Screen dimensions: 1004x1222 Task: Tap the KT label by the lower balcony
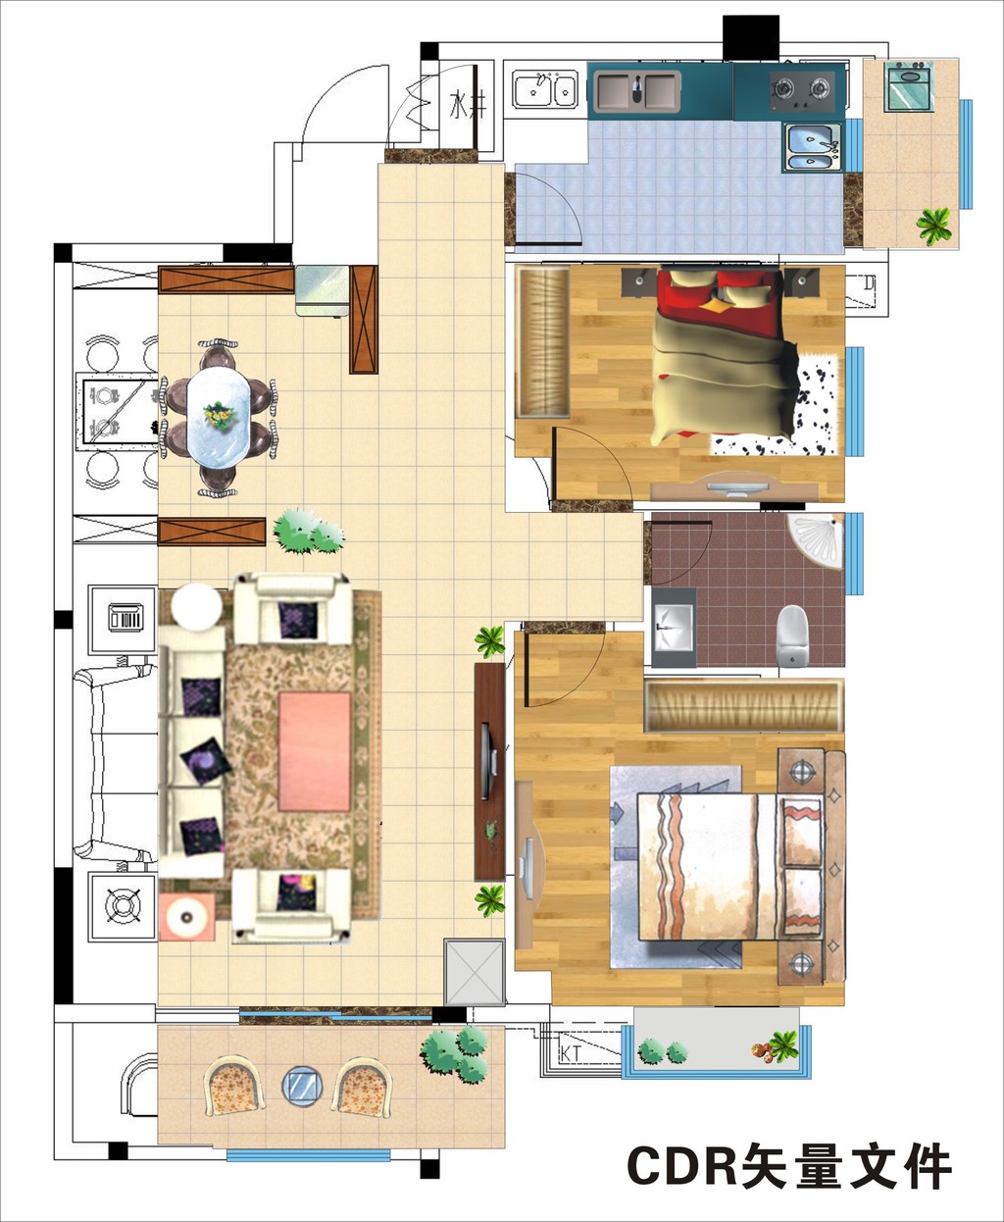point(571,1054)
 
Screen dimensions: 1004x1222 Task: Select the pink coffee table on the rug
point(315,751)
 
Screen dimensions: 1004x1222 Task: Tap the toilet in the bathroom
point(792,636)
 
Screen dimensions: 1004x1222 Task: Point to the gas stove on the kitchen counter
point(802,91)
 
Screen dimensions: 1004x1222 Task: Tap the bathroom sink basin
point(674,627)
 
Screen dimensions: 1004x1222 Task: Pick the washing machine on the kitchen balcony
point(907,86)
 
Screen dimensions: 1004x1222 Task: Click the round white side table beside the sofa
point(196,607)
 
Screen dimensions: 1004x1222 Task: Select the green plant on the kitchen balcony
point(933,225)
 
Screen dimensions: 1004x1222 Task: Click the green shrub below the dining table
point(308,532)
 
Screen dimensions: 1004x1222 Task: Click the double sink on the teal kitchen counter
point(637,91)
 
